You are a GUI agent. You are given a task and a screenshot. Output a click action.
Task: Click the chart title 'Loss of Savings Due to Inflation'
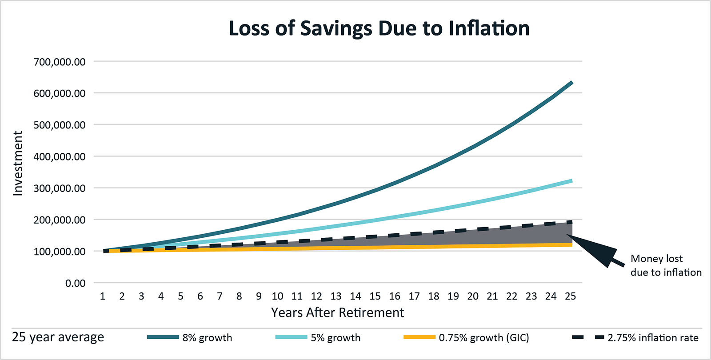pos(379,28)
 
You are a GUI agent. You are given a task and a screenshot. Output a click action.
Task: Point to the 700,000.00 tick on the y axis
pos(60,62)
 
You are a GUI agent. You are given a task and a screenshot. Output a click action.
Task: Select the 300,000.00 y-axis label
pos(60,188)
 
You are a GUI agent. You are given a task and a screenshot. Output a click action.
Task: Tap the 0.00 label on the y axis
pos(75,283)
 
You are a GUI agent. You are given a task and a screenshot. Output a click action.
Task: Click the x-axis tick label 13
pos(336,296)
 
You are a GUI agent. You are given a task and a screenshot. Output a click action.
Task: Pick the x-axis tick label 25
pos(570,296)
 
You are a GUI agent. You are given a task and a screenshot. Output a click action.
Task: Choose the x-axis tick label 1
pos(103,296)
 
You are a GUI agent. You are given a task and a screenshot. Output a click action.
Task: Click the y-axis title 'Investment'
pos(18,163)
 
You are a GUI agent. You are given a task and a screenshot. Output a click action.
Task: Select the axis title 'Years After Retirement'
pos(338,313)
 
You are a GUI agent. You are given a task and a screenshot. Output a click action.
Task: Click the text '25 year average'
pos(58,337)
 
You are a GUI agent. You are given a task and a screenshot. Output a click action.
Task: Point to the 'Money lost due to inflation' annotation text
pos(666,265)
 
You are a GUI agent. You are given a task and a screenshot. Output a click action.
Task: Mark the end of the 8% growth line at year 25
pos(571,83)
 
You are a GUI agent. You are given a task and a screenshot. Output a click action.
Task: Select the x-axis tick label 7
pos(220,296)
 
